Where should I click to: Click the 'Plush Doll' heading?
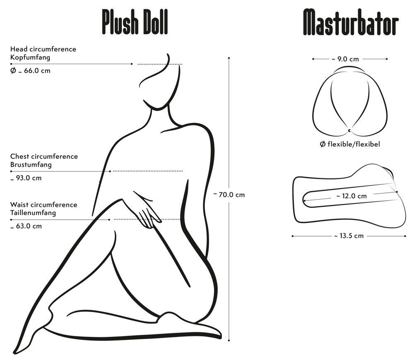[135, 22]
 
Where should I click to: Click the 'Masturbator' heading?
[351, 22]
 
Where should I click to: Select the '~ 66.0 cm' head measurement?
[30, 71]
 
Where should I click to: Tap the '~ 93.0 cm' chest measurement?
[26, 178]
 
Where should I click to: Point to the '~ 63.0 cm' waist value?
[26, 226]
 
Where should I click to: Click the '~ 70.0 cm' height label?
[229, 195]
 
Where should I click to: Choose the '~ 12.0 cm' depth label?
[351, 196]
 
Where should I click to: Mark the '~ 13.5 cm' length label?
[349, 236]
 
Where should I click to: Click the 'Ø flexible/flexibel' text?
[350, 144]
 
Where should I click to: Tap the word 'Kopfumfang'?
[30, 58]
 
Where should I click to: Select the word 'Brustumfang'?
[31, 165]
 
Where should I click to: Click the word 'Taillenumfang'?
[33, 213]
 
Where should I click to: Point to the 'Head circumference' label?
[43, 49]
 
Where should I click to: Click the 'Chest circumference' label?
[44, 156]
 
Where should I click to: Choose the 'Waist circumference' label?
[44, 205]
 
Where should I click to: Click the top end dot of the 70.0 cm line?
[229, 58]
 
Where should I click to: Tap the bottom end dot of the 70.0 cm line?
[229, 341]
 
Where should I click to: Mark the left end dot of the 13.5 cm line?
[293, 236]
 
